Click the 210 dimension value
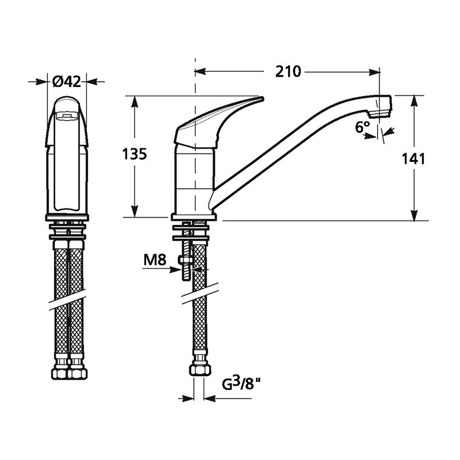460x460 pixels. (x=288, y=72)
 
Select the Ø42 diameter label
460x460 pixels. (x=66, y=82)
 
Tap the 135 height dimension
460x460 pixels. (x=134, y=154)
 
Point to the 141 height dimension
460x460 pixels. (x=413, y=159)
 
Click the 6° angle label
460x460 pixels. (x=362, y=127)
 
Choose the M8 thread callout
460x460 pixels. (x=155, y=260)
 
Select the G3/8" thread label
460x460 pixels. (x=241, y=384)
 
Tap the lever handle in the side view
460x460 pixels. (x=218, y=123)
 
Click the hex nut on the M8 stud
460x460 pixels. (x=185, y=260)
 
